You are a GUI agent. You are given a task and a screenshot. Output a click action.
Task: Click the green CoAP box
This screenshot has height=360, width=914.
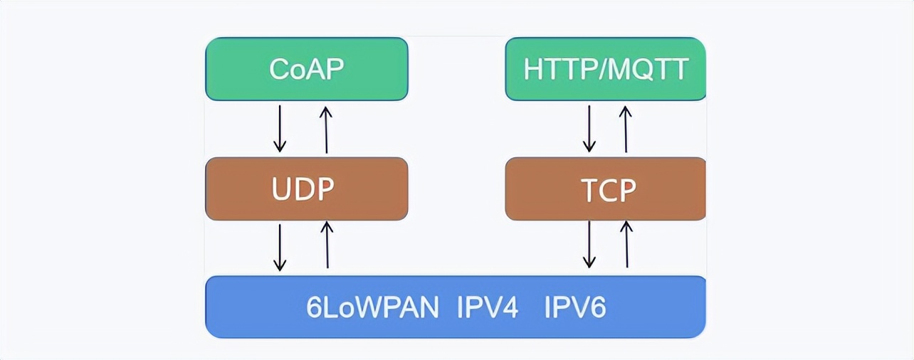(x=306, y=69)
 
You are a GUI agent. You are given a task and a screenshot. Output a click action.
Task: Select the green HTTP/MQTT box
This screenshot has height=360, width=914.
(x=605, y=69)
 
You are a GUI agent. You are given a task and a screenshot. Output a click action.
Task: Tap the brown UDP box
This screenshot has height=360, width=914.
(x=306, y=189)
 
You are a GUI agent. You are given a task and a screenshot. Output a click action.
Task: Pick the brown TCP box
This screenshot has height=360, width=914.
(x=605, y=189)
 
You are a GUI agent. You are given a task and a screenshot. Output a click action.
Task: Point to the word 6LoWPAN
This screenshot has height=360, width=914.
(x=372, y=308)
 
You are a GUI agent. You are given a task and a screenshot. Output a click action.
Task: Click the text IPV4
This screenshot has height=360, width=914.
(x=488, y=308)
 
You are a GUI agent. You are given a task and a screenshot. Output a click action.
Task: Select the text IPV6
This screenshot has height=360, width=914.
(x=575, y=308)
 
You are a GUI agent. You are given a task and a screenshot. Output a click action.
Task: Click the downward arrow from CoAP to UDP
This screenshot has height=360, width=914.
(x=280, y=129)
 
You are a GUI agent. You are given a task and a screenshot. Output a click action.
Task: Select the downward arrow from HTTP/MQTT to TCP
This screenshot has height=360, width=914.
(x=589, y=129)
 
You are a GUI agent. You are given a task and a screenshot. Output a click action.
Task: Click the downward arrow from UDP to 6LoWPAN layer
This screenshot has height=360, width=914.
(x=280, y=247)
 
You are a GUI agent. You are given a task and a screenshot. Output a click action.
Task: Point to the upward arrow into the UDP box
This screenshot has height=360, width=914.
(x=327, y=245)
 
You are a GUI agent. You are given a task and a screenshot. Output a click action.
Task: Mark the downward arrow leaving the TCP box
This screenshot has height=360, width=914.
(x=589, y=245)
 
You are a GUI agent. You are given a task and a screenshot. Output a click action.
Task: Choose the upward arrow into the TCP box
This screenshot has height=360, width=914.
(x=626, y=245)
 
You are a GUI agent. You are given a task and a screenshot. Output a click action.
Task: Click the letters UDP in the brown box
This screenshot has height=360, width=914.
(x=303, y=189)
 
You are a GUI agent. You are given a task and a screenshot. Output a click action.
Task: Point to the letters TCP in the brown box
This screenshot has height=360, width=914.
(x=608, y=190)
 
